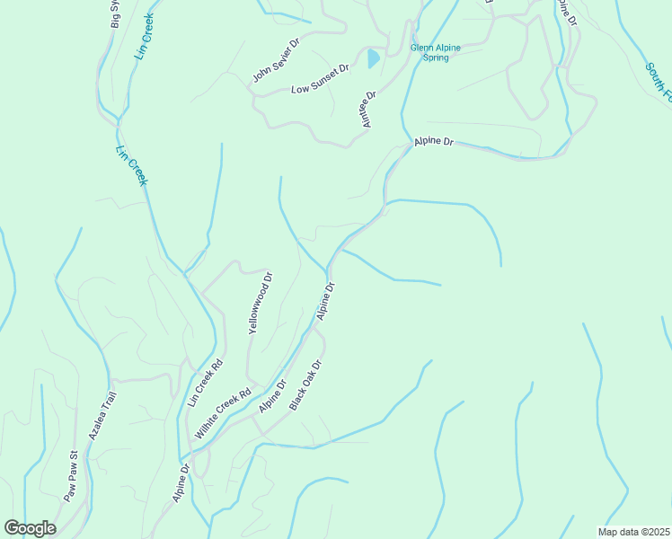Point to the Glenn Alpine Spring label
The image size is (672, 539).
pos(436,53)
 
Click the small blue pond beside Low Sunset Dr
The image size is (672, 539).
pos(373,59)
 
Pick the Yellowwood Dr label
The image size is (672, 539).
pos(260,304)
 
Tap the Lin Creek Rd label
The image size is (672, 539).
pos(205,383)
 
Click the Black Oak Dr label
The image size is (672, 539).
pos(305,385)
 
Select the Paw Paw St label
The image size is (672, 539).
pos(72,476)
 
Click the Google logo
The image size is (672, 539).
pos(30,528)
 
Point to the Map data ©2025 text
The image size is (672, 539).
pos(633,531)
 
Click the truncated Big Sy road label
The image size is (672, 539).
pos(116,15)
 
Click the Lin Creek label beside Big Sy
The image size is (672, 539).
pos(145,36)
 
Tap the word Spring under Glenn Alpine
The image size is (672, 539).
pos(436,58)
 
